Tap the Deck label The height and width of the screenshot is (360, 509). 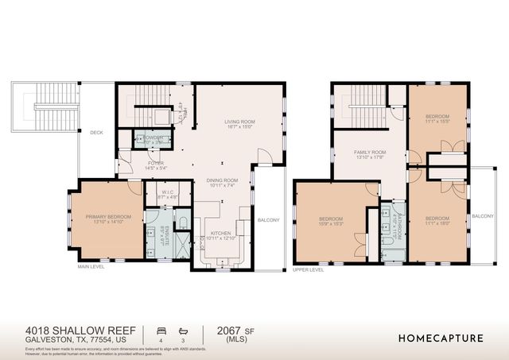tap(96, 133)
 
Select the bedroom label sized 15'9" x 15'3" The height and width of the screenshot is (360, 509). tap(331, 221)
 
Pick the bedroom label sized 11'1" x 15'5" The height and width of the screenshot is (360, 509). tap(437, 119)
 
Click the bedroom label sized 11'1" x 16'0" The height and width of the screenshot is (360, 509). tap(437, 221)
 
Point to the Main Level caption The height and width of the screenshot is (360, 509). tap(92, 267)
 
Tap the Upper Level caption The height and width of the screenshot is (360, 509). tap(309, 270)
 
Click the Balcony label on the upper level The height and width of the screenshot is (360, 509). tap(483, 216)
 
